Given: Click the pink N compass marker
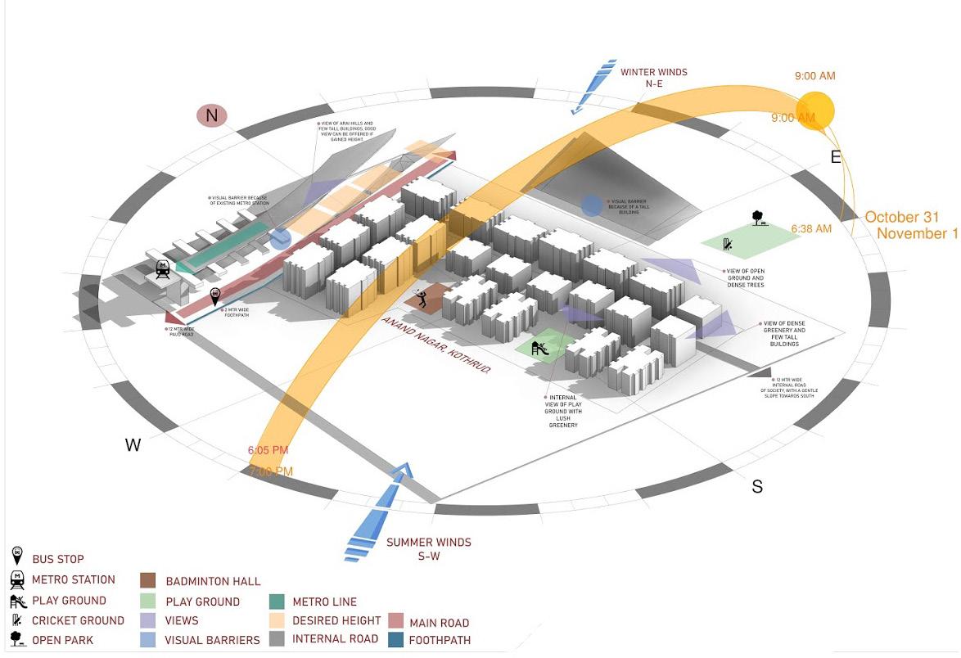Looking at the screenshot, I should (x=211, y=115).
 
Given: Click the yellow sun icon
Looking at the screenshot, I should (x=815, y=110).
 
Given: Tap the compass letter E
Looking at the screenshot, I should (x=836, y=157).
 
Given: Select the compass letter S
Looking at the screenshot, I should (x=757, y=487).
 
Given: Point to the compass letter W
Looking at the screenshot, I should (x=133, y=445).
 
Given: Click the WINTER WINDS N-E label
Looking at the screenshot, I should (x=653, y=78).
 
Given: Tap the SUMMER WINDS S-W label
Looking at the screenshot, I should (x=428, y=548).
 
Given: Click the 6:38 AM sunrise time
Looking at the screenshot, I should (x=811, y=228).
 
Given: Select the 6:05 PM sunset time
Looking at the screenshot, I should (x=268, y=450).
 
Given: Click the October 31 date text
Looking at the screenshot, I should (x=902, y=217).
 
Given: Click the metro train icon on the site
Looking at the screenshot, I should (x=163, y=269).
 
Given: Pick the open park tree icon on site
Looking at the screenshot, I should (x=759, y=218).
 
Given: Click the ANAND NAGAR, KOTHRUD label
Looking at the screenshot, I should (x=436, y=345).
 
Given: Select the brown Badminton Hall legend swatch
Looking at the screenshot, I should (x=149, y=581).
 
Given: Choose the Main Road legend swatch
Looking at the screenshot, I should (x=395, y=622).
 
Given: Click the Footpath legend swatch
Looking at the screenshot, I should (x=395, y=640).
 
